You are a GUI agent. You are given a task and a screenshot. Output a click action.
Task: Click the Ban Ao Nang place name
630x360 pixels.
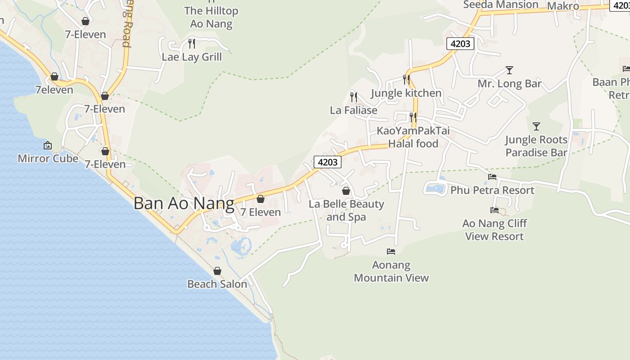tap(184, 203)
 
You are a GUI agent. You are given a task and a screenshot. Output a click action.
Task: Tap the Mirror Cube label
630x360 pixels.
tap(48, 158)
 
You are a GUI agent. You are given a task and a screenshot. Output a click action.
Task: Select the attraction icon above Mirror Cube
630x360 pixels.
tap(48, 145)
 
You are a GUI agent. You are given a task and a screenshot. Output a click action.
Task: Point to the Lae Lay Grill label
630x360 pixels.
tap(192, 57)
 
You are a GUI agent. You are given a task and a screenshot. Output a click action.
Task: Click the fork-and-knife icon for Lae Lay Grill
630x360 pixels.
tap(192, 43)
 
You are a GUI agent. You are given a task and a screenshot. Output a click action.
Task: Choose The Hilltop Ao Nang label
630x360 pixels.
tap(211, 17)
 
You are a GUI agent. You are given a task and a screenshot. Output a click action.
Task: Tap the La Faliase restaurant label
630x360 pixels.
tap(353, 110)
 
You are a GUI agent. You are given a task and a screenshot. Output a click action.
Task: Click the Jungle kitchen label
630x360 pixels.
tap(406, 93)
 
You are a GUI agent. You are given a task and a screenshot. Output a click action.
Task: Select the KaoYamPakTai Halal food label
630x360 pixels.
tap(413, 137)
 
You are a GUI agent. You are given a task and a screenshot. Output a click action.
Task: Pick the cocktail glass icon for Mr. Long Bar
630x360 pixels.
tap(509, 70)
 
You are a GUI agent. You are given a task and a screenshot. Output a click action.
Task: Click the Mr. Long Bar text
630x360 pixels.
tap(509, 84)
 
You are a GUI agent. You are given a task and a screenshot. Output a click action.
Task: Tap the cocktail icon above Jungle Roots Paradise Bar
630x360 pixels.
tap(536, 126)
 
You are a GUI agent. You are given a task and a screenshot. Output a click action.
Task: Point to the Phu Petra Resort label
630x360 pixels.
tap(492, 190)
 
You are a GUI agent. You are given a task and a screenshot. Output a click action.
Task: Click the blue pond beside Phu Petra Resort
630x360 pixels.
tap(435, 189)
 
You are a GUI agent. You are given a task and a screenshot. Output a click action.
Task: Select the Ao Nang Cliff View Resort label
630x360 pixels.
tap(495, 230)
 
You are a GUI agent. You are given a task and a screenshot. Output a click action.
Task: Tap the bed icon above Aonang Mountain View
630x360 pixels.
tap(391, 251)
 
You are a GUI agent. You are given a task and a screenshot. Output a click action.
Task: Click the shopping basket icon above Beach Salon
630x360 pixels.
tap(217, 271)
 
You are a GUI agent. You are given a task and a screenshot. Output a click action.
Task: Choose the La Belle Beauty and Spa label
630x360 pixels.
tap(346, 211)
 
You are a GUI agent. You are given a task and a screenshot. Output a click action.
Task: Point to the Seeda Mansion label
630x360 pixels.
tap(500, 5)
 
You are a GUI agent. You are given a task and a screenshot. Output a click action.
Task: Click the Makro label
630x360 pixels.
tap(562, 6)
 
